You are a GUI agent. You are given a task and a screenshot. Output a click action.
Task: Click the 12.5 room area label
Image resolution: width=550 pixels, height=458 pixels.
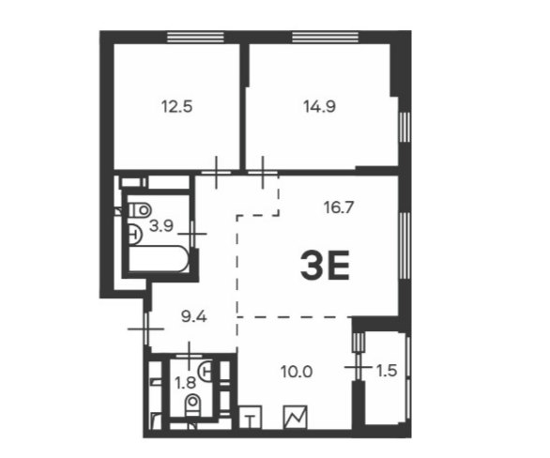pyautogui.click(x=176, y=106)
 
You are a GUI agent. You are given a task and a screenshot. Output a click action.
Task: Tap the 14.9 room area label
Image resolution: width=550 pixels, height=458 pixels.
pyautogui.click(x=319, y=106)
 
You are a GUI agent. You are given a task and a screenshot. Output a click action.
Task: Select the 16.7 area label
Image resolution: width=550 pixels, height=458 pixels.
pyautogui.click(x=339, y=207)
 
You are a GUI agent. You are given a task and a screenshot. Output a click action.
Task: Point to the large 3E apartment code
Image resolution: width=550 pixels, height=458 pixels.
pyautogui.click(x=325, y=266)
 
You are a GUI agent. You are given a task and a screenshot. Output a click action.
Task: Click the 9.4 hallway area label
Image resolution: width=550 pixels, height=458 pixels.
pyautogui.click(x=194, y=316)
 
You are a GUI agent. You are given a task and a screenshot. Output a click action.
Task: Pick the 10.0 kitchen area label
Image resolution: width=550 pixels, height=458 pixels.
pyautogui.click(x=297, y=372)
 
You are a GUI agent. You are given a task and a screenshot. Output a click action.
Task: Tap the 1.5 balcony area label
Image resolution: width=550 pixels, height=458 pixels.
pyautogui.click(x=387, y=371)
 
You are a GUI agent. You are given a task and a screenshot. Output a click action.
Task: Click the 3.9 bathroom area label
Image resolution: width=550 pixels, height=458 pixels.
pyautogui.click(x=161, y=226)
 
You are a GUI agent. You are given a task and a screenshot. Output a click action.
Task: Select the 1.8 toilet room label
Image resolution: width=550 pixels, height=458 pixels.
pyautogui.click(x=185, y=383)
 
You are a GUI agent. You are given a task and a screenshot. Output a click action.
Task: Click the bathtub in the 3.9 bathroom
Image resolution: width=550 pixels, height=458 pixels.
pyautogui.click(x=159, y=258)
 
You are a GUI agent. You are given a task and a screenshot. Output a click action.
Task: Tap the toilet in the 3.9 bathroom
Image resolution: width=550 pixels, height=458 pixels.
pyautogui.click(x=140, y=210)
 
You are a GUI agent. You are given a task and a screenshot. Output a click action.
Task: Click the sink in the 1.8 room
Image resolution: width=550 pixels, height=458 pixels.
pyautogui.click(x=206, y=371)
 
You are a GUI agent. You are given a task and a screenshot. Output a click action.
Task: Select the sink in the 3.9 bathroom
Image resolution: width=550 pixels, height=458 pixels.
pyautogui.click(x=135, y=234)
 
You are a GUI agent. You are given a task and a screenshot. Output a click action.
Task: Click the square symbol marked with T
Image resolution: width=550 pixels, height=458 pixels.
pyautogui.click(x=250, y=418)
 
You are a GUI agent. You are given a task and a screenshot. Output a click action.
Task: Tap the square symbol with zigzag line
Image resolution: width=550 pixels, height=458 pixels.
pyautogui.click(x=295, y=418)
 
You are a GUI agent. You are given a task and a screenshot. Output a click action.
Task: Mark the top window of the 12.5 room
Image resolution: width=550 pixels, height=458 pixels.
pyautogui.click(x=195, y=37)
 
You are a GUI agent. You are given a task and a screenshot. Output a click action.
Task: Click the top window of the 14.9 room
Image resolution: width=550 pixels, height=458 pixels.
pyautogui.click(x=325, y=37)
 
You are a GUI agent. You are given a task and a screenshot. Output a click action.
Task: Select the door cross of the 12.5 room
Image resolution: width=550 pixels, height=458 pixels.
pyautogui.click(x=216, y=172)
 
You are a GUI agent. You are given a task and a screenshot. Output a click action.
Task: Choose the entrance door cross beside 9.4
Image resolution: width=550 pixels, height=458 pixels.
pyautogui.click(x=145, y=328)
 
